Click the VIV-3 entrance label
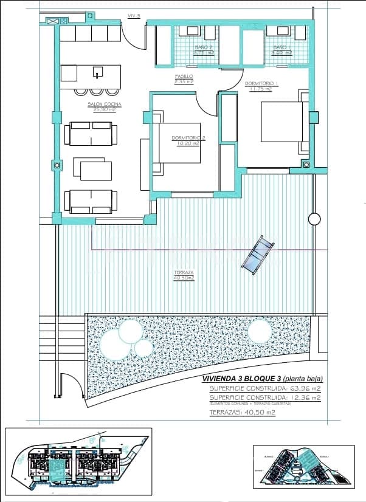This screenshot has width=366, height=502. click(x=134, y=16)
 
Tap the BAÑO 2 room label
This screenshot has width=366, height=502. click(x=204, y=50)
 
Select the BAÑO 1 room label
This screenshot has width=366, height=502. click(x=281, y=50)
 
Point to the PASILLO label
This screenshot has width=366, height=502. click(x=184, y=79)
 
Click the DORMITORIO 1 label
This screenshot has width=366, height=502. click(x=261, y=86)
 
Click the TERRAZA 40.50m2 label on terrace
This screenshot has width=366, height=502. click(x=183, y=275)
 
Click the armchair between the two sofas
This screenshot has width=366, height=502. click(x=93, y=170)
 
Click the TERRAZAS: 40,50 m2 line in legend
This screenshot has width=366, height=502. click(x=241, y=412)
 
